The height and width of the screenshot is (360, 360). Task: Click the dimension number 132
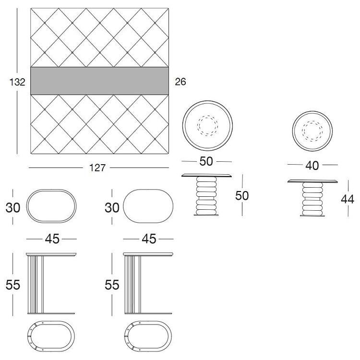[x=17, y=82]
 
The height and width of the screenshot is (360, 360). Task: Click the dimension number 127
[x=97, y=168]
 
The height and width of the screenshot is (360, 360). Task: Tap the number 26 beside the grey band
[x=180, y=82]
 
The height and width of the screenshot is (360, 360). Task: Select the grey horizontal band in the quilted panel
[x=99, y=81]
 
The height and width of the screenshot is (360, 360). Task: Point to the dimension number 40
[x=312, y=165]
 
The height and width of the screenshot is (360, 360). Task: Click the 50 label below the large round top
[x=206, y=161]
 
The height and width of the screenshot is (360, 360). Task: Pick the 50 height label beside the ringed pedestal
[x=242, y=196]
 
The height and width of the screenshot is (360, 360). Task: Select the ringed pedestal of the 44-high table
[x=312, y=199]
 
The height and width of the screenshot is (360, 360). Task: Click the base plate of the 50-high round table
[x=206, y=215]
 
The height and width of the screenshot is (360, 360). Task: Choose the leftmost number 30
[x=13, y=207]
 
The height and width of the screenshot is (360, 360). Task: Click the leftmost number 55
[x=13, y=285]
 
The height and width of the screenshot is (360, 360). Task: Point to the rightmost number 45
[x=149, y=239]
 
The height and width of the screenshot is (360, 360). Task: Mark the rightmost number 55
[x=112, y=285]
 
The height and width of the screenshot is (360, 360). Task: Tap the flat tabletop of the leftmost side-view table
[x=51, y=254]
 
